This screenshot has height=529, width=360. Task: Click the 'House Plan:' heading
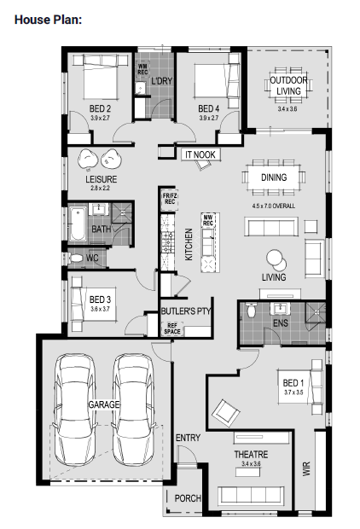click(49, 20)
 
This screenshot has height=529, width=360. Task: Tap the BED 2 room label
click(100, 108)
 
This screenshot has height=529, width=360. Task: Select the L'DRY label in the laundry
click(161, 81)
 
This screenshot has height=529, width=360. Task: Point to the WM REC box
click(142, 69)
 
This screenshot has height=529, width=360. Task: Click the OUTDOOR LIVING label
click(289, 85)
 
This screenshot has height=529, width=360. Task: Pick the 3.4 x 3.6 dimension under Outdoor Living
click(287, 109)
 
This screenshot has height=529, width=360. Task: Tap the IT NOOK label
click(200, 154)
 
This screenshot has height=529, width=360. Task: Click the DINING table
click(274, 177)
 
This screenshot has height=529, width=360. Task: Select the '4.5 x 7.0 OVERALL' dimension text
click(273, 206)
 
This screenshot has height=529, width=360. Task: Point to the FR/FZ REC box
click(170, 199)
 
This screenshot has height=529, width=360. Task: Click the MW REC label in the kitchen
click(208, 221)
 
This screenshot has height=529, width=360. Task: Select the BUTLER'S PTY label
click(186, 311)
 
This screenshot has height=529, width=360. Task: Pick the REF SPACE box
click(172, 328)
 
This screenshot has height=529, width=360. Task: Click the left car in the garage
click(75, 410)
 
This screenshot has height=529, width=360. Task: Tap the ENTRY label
click(188, 438)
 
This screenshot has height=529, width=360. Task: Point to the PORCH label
click(188, 498)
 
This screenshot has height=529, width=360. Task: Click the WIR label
click(306, 469)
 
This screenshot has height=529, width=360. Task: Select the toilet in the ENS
click(251, 310)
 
